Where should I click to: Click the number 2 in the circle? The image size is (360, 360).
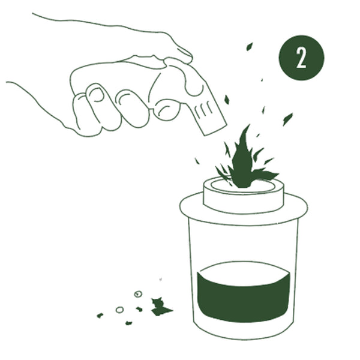(301, 58)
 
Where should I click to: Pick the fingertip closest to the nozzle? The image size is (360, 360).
(166, 110)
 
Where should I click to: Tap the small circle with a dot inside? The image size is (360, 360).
(138, 294)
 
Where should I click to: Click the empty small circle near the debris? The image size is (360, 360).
(119, 310)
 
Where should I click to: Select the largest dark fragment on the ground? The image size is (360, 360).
(160, 307)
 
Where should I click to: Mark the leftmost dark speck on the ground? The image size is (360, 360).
(100, 316)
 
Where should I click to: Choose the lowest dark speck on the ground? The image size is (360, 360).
(128, 323)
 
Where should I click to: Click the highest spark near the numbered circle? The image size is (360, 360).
(250, 47)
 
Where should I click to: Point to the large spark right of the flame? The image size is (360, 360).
(287, 119)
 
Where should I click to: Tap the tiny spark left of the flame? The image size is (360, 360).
(197, 161)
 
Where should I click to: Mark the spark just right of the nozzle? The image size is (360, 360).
(227, 100)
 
